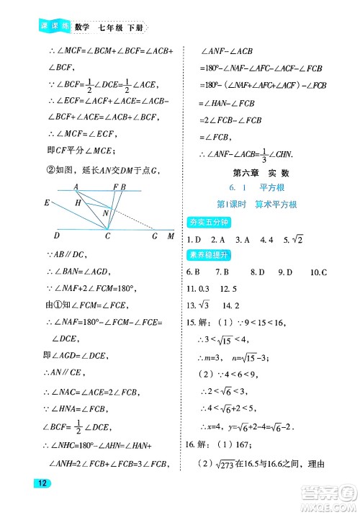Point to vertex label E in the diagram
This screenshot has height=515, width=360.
[x=47, y=203]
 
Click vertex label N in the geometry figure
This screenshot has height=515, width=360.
[x=106, y=213]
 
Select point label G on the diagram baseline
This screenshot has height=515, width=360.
[x=155, y=236]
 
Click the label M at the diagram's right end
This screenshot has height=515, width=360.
[x=171, y=236]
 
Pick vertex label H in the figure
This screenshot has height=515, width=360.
[x=77, y=204]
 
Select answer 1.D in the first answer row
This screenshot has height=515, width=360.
[x=193, y=240]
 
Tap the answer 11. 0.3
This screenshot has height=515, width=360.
[x=200, y=288]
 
